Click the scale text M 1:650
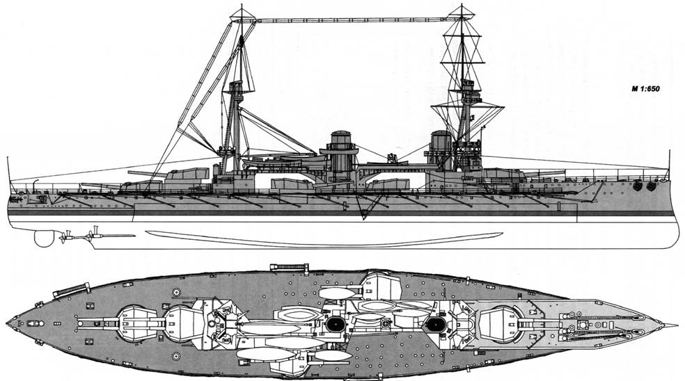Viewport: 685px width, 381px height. point(645,89)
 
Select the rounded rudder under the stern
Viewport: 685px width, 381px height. point(44,238)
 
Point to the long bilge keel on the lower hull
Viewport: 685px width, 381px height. point(324,238)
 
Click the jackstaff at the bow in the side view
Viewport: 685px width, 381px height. point(669,164)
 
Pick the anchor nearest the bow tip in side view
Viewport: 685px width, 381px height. point(651,186)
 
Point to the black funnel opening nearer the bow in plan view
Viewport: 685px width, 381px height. point(435,324)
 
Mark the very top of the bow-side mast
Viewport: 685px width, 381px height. point(462,6)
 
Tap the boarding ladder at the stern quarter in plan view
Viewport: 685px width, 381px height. point(71,290)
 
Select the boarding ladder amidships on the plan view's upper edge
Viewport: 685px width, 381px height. point(290,267)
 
